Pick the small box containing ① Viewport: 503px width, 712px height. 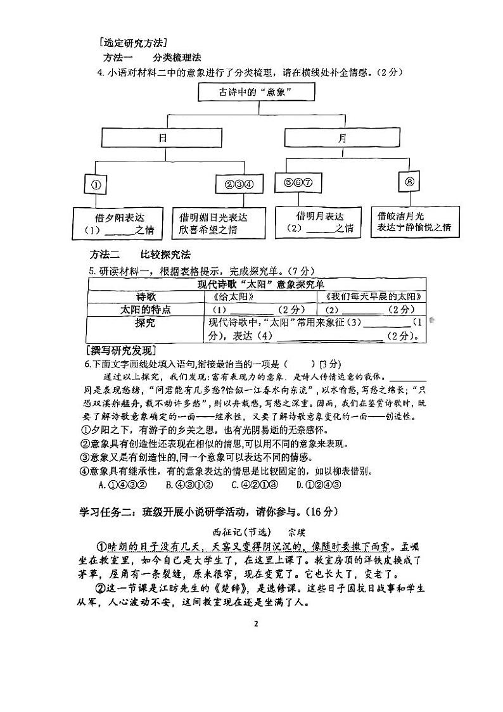coord(97,186)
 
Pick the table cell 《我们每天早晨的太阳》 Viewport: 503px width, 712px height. coord(374,296)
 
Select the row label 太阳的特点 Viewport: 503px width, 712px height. coord(146,310)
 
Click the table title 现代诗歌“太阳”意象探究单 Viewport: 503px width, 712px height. coord(256,284)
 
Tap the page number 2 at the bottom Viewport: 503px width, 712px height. coord(256,624)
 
